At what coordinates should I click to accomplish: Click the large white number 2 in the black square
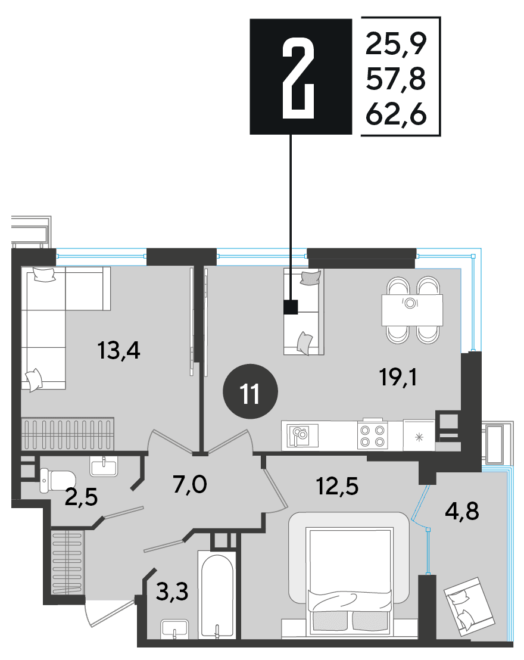pos(298,77)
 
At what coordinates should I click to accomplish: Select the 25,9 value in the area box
pos(396,43)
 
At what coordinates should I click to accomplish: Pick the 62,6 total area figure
pos(396,114)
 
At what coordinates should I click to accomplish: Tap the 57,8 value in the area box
pos(396,79)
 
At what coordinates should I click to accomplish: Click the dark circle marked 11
pos(250,391)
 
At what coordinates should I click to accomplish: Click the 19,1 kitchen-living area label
pos(398,376)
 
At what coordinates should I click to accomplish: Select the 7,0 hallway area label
pos(190,484)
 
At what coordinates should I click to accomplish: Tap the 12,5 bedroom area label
pos(337,485)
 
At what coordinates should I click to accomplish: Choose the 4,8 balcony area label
pos(461,511)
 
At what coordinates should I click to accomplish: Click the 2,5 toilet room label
pos(81,497)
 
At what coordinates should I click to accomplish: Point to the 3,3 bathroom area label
pos(172,591)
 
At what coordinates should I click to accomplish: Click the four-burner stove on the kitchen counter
pos(373,435)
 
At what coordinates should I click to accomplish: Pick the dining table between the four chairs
pos(412,310)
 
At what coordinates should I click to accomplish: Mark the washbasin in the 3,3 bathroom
pos(174,629)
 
